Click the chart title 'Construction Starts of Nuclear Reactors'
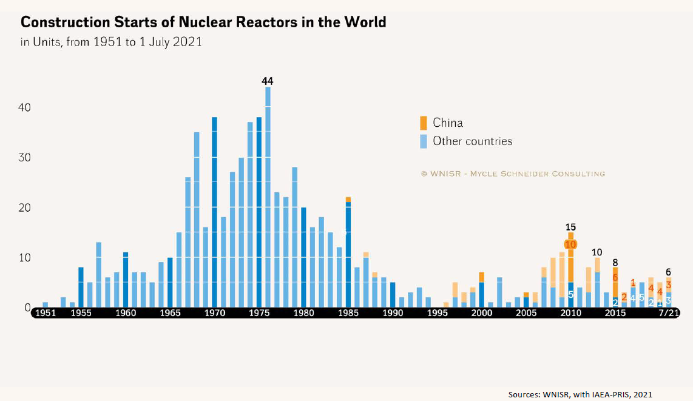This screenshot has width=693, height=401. pyautogui.click(x=203, y=22)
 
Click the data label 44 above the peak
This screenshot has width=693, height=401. pyautogui.click(x=268, y=81)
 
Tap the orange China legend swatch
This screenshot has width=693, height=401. pyautogui.click(x=423, y=123)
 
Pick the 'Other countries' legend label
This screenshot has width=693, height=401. pyautogui.click(x=472, y=141)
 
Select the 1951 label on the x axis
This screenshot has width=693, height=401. pyautogui.click(x=46, y=313)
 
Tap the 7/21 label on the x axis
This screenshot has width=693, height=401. pyautogui.click(x=668, y=313)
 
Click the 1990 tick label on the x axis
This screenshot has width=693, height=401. pyautogui.click(x=393, y=313)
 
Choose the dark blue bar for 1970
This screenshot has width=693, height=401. pyautogui.click(x=215, y=212)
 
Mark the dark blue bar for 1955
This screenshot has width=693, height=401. pyautogui.click(x=81, y=288)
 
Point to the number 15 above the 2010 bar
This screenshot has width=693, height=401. pyautogui.click(x=570, y=227)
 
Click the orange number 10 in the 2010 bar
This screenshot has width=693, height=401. pyautogui.click(x=570, y=244)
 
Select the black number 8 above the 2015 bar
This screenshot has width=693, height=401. pyautogui.click(x=615, y=263)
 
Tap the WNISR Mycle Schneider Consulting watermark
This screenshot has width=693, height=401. pyautogui.click(x=513, y=174)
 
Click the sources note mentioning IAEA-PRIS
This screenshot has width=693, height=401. pyautogui.click(x=580, y=394)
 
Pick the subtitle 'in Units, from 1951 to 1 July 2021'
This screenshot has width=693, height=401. pyautogui.click(x=111, y=42)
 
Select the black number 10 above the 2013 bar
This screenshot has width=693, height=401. pyautogui.click(x=597, y=252)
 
